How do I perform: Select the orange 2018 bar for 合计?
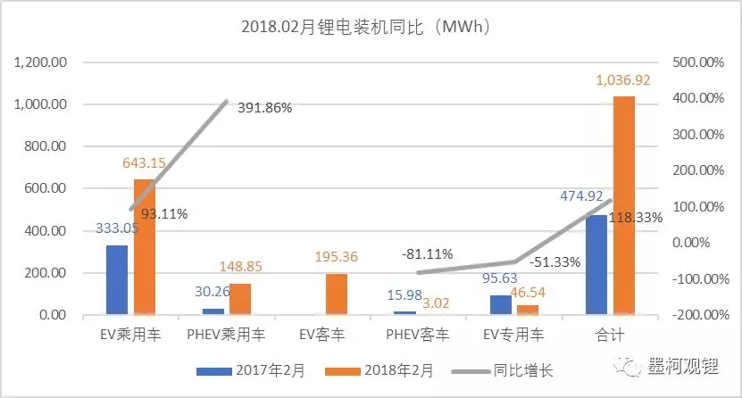pyautogui.click(x=624, y=205)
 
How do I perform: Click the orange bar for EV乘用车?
pyautogui.click(x=145, y=246)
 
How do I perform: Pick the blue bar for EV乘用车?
pyautogui.click(x=117, y=279)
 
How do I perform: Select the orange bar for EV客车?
pyautogui.click(x=337, y=294)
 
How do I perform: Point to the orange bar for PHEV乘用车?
pyautogui.click(x=240, y=299)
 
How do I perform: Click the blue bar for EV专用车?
pyautogui.click(x=500, y=304)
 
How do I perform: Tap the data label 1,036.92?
pyautogui.click(x=624, y=80)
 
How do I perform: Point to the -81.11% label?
pyautogui.click(x=426, y=253)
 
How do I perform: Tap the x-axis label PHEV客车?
pyautogui.click(x=418, y=337)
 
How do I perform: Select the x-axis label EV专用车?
pyautogui.click(x=513, y=337)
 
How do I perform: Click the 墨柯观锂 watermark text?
pyautogui.click(x=685, y=366)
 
